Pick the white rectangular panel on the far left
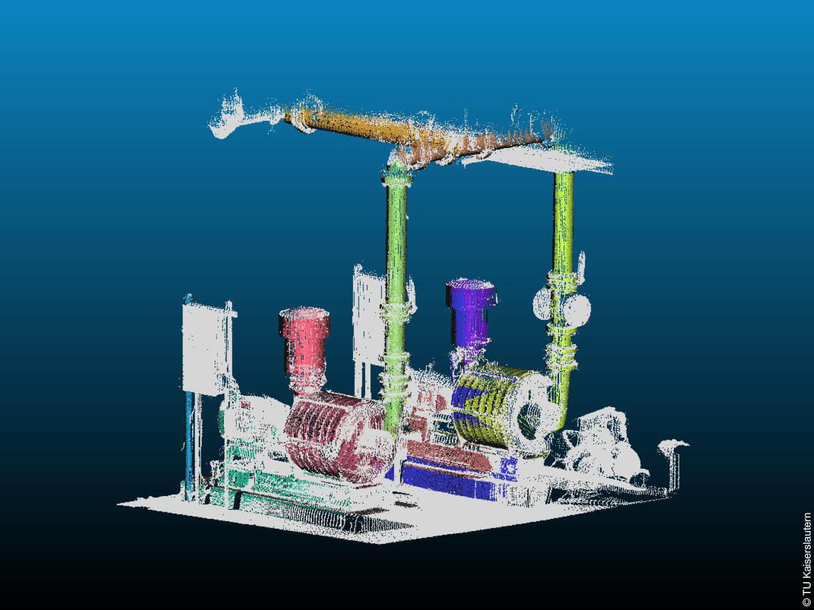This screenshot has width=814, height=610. [x=203, y=349]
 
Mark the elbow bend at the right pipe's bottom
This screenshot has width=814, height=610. [x=561, y=412]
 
